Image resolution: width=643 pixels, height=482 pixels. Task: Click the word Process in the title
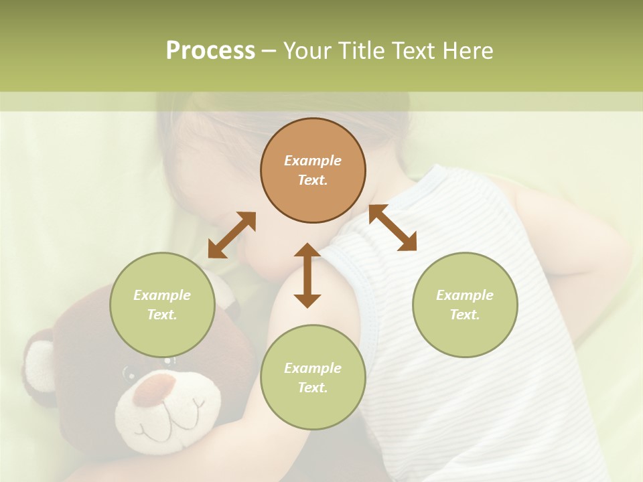point(210,51)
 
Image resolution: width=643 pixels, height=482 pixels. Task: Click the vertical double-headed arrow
point(307,276)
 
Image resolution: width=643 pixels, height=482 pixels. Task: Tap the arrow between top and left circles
point(232,235)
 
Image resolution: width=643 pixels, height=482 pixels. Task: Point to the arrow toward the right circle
point(393,228)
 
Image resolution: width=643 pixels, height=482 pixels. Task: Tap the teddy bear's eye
point(128,370)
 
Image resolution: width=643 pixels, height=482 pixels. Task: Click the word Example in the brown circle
point(313,161)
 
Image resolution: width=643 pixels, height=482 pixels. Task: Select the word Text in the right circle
point(463,315)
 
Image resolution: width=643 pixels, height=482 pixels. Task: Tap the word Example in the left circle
point(162,295)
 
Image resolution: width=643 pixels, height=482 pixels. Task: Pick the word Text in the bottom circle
point(311,388)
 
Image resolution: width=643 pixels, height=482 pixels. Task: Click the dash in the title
point(269,51)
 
